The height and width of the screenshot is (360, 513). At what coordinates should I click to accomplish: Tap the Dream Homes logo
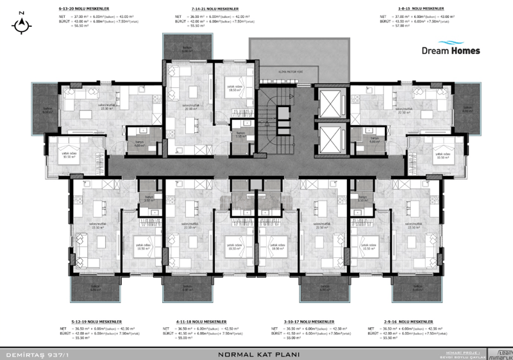(x=451, y=50)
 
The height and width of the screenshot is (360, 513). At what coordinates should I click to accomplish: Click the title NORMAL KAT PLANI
(x=256, y=354)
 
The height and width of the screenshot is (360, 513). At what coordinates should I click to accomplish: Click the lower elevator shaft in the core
(x=332, y=137)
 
